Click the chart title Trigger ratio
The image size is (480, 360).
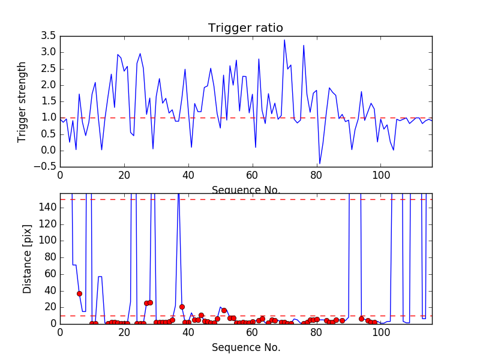[245, 28]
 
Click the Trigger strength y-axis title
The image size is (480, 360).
[22, 101]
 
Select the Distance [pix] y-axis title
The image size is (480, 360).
[28, 258]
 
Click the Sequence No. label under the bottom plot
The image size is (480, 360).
[245, 347]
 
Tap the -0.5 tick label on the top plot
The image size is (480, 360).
[46, 166]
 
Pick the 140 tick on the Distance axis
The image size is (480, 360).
[47, 208]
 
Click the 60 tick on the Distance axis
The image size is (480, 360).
[49, 274]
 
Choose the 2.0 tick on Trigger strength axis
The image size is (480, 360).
[49, 85]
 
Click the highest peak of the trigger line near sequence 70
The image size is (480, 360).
[284, 40]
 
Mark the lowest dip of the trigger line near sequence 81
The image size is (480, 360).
[320, 163]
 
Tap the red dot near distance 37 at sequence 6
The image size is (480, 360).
[79, 293]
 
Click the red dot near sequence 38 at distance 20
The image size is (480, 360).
[182, 307]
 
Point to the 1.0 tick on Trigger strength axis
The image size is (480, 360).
[49, 118]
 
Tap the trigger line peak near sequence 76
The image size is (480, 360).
[304, 45]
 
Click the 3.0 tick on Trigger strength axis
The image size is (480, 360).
[49, 52]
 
